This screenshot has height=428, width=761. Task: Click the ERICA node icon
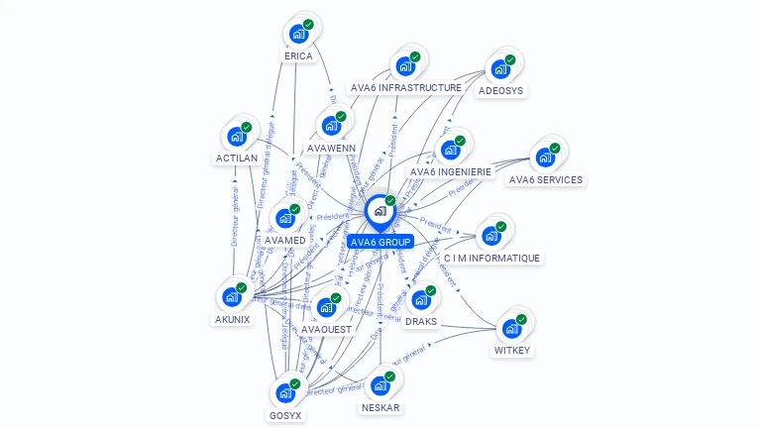pyautogui.click(x=297, y=34)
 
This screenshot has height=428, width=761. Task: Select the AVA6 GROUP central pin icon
pyautogui.click(x=380, y=211)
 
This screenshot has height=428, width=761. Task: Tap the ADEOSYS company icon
pyautogui.click(x=499, y=68)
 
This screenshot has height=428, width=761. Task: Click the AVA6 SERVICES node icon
pyautogui.click(x=544, y=158)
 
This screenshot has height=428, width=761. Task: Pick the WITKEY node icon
pyautogui.click(x=511, y=328)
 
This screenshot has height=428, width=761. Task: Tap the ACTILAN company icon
pyautogui.click(x=236, y=137)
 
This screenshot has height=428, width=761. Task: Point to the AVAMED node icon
pyautogui.click(x=284, y=218)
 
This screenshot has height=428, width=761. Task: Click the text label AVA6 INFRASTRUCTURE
pyautogui.click(x=406, y=88)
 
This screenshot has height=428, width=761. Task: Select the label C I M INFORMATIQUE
pyautogui.click(x=491, y=259)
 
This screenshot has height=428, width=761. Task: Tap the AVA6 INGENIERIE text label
pyautogui.click(x=451, y=172)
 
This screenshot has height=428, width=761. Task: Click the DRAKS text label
pyautogui.click(x=421, y=322)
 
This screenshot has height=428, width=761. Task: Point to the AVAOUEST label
pyautogui.click(x=326, y=330)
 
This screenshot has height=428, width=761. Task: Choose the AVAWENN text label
pyautogui.click(x=331, y=149)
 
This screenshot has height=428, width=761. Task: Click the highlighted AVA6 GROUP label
pyautogui.click(x=380, y=243)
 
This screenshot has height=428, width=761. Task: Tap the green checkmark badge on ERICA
pyautogui.click(x=308, y=24)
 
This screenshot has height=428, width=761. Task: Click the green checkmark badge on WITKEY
pyautogui.click(x=522, y=318)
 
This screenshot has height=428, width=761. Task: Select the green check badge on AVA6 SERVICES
pyautogui.click(x=555, y=148)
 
